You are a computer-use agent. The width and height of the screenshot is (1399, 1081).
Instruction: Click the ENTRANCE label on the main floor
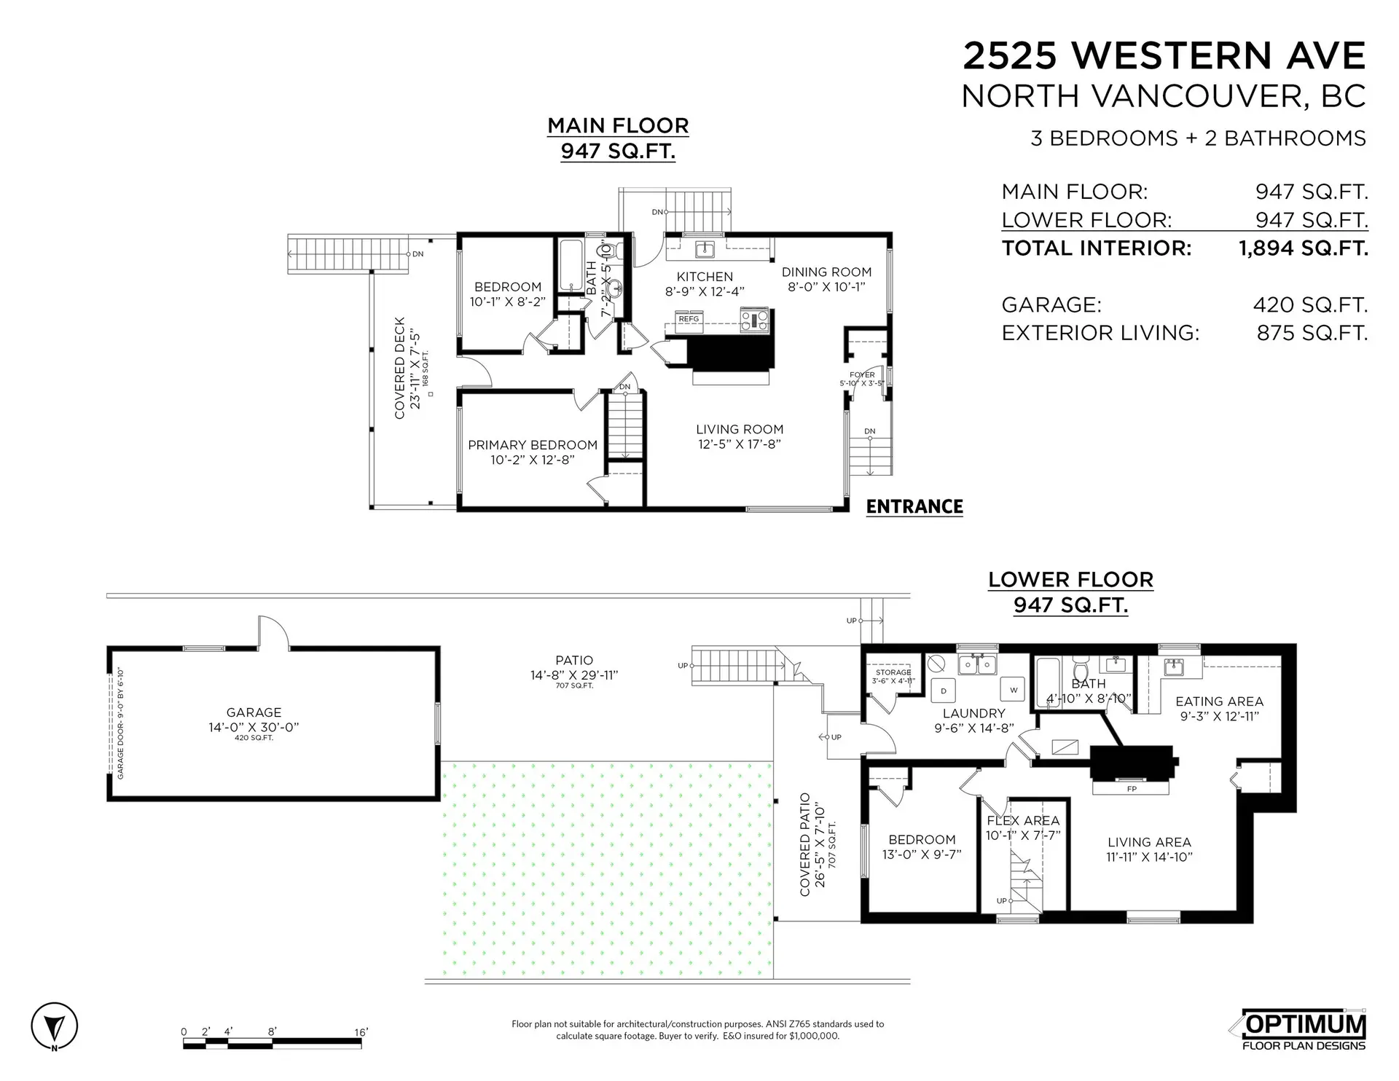point(914,506)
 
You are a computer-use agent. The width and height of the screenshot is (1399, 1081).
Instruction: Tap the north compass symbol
point(55,1028)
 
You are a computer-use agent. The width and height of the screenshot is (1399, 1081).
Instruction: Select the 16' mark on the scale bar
point(361,1032)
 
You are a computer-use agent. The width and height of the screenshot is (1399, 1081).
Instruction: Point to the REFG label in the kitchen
point(689,319)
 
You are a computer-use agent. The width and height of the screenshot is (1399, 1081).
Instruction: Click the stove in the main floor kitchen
point(754,320)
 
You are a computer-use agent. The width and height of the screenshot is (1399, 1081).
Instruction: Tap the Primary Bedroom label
point(533,445)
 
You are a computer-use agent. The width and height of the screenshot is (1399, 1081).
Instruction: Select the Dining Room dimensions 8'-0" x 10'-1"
point(826,287)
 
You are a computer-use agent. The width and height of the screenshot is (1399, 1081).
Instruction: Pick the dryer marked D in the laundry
point(944,691)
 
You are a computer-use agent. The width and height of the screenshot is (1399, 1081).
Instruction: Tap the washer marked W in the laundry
point(1013,690)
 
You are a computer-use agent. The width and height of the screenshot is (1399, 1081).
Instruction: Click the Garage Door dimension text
point(120,723)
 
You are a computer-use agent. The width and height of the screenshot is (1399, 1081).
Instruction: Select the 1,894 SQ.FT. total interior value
point(1303,248)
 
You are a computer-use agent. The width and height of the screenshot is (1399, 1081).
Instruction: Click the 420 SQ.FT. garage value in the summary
point(1310,304)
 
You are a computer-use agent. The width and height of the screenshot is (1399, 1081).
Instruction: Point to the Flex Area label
point(1023,820)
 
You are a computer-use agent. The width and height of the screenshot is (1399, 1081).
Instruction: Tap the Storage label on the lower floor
point(893,672)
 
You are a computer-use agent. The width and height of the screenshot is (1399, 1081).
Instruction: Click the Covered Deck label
point(399,368)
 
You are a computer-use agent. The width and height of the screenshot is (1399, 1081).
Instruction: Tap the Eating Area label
point(1219,701)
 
